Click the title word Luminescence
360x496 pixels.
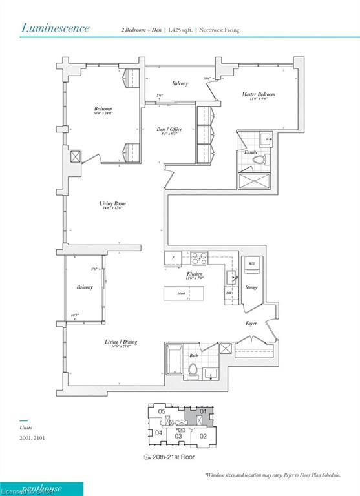pos(56,28)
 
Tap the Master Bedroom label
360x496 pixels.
pos(259,95)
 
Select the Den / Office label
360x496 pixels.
pos(170,129)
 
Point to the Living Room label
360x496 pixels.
pos(111,204)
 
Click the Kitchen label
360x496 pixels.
pos(195,274)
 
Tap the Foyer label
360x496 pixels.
pos(251,323)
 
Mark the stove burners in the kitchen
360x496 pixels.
pos(199,258)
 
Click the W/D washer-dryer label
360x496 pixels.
pos(251,264)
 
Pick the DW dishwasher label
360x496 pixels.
pos(229,293)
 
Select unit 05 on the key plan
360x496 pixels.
pos(163,411)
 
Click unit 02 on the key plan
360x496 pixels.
pos(202,437)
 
